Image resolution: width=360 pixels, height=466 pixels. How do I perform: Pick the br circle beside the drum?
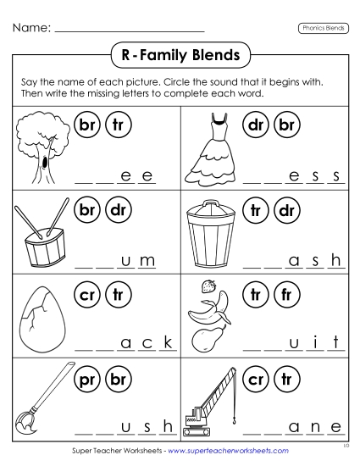86,208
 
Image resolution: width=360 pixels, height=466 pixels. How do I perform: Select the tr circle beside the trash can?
255,208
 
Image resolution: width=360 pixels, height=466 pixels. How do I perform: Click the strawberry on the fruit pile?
208,286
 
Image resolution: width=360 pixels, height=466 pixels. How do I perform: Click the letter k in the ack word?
168,343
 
